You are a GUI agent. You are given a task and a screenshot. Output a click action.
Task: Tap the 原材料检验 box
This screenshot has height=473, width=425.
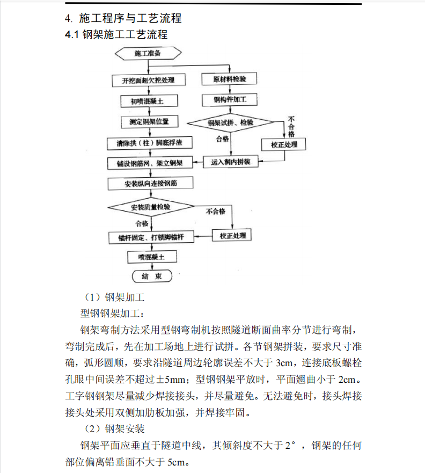click(230, 79)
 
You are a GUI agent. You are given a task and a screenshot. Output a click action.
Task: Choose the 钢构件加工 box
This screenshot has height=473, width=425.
click(230, 100)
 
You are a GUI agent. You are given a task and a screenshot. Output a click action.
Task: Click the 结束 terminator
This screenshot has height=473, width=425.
click(152, 276)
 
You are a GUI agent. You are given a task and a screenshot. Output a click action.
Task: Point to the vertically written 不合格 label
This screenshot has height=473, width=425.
click(291, 126)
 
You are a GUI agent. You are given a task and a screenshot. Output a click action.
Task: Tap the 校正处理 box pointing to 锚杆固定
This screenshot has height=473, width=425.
click(232, 236)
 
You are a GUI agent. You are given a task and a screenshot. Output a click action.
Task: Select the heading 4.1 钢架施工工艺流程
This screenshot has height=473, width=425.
click(115, 35)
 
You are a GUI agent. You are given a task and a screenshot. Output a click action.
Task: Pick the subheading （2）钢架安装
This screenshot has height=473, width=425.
click(114, 429)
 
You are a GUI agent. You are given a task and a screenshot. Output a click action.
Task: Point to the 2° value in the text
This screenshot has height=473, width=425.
click(290, 446)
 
